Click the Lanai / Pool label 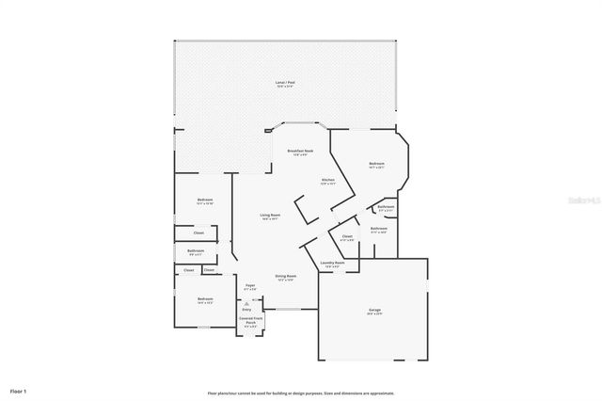[x=284, y=85]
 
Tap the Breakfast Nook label [x=300, y=152]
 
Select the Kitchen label [x=327, y=181]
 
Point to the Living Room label [x=270, y=217]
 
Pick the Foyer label [x=250, y=286]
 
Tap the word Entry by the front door [x=246, y=309]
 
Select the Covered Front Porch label [x=250, y=322]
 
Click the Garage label [x=374, y=312]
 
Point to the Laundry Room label [x=330, y=265]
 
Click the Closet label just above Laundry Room [x=347, y=237]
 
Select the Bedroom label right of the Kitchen [x=376, y=166]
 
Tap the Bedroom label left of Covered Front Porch [x=205, y=301]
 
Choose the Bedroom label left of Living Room [x=205, y=200]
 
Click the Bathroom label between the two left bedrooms [x=196, y=251]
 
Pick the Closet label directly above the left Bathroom [x=199, y=232]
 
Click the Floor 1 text [x=19, y=390]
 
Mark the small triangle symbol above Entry [x=246, y=302]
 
